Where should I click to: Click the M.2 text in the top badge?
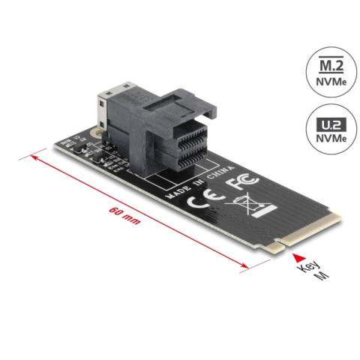pyautogui.click(x=331, y=65)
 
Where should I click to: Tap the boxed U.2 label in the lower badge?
pyautogui.click(x=331, y=124)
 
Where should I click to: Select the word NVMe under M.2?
pyautogui.click(x=331, y=82)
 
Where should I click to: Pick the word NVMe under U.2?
pyautogui.click(x=331, y=138)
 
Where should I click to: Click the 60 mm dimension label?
pyautogui.click(x=124, y=215)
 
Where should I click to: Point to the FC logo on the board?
pyautogui.click(x=241, y=181)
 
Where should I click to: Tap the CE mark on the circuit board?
pyautogui.click(x=205, y=199)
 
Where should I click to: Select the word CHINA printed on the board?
pyautogui.click(x=220, y=172)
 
